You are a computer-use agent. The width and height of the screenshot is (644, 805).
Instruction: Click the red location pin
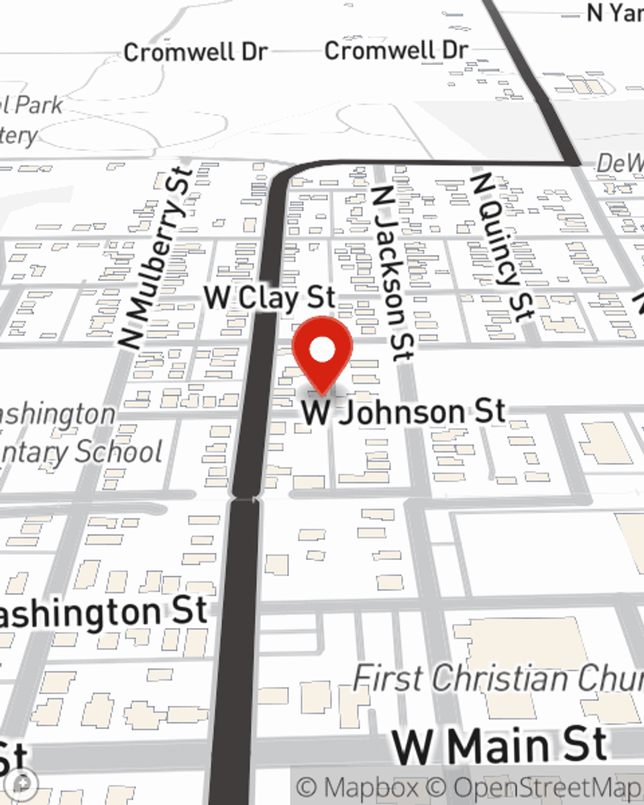coord(322,354)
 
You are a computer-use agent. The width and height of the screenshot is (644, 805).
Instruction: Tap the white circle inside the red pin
coord(323,350)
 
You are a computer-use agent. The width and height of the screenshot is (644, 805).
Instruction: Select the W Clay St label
coord(270,298)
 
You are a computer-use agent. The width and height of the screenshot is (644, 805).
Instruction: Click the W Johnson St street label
coord(404,412)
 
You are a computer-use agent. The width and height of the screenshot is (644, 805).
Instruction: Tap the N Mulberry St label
coord(158,258)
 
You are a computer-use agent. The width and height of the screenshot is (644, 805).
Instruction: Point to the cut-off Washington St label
coord(103,612)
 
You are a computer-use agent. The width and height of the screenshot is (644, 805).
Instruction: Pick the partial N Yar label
coord(614,13)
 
